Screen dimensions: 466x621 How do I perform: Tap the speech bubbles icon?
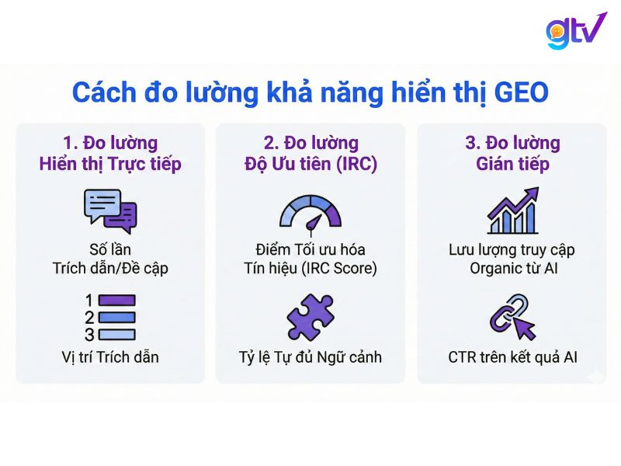click(x=109, y=209)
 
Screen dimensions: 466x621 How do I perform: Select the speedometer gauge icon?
click(x=310, y=211)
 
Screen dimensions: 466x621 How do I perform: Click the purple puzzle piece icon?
click(x=310, y=318)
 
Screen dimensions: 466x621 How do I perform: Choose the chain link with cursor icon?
click(x=512, y=317)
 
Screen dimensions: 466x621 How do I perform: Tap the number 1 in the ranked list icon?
click(x=89, y=301)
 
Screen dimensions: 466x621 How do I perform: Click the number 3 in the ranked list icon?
click(x=89, y=334)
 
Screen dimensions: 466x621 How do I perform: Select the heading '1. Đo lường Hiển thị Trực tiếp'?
click(x=109, y=154)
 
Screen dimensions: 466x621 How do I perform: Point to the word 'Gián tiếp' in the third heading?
click(x=512, y=165)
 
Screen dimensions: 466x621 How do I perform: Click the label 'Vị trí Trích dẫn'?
click(x=109, y=358)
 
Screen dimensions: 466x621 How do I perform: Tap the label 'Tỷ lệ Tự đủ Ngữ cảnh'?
click(x=310, y=358)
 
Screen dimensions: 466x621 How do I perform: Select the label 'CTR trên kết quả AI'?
click(x=512, y=358)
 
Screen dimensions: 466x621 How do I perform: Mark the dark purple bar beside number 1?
click(x=116, y=301)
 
